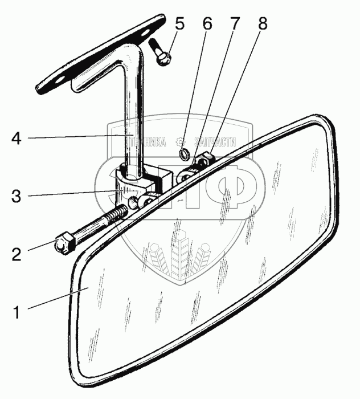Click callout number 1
17,312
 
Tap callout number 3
17,197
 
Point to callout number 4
17,139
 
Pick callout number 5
179,25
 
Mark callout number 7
235,25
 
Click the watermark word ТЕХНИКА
150,142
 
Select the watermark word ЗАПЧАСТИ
215,142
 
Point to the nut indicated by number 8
207,158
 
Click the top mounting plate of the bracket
97,54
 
